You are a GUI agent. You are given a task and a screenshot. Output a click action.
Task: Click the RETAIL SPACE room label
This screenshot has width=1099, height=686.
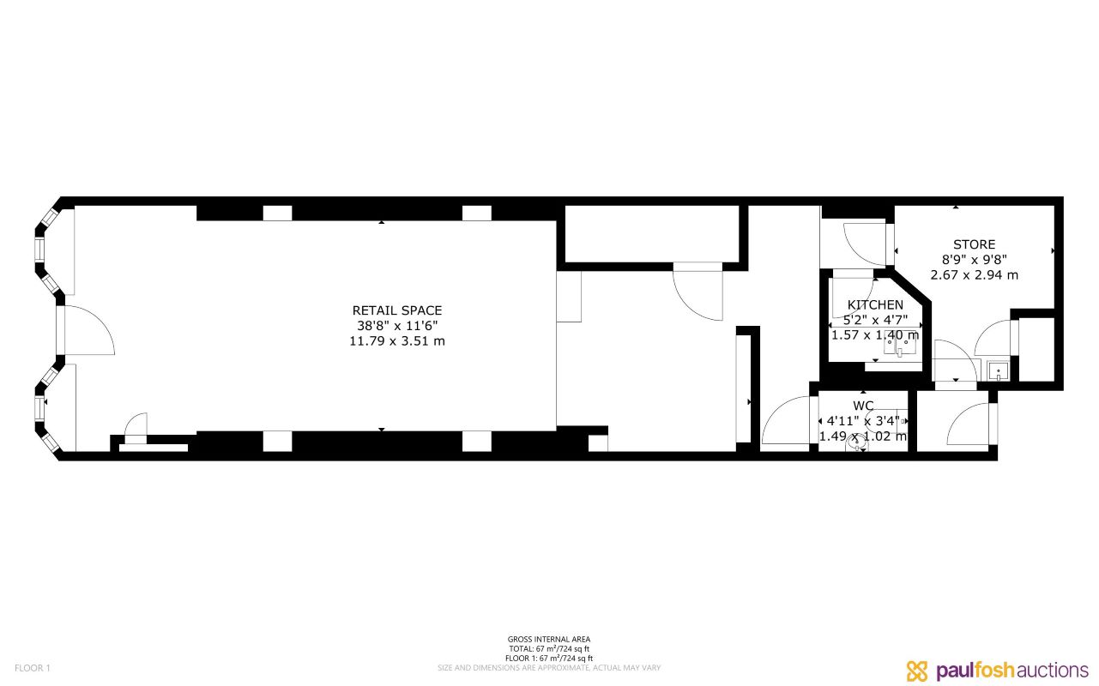(397, 310)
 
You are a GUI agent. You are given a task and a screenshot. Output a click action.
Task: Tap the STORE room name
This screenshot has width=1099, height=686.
(974, 245)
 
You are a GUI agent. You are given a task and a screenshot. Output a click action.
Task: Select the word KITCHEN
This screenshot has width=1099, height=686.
(875, 304)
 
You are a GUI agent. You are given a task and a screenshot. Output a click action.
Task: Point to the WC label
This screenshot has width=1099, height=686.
(863, 406)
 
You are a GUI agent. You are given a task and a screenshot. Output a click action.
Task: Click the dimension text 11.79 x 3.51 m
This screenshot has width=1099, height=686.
(397, 341)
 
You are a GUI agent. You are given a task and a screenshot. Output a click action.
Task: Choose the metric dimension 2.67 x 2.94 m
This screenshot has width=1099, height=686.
(974, 275)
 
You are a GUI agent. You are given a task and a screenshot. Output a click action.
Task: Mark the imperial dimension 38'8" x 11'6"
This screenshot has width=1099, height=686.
(397, 326)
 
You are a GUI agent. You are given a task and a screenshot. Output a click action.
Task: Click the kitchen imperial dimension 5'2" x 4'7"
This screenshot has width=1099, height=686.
(875, 320)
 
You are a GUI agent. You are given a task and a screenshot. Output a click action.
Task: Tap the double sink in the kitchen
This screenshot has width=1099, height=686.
(900, 346)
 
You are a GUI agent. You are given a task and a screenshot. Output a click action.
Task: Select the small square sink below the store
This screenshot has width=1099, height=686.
(997, 371)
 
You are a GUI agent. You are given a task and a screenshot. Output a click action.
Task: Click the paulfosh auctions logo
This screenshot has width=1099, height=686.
(997, 670)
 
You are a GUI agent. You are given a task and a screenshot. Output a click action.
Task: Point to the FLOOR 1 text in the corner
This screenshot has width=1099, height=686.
(33, 668)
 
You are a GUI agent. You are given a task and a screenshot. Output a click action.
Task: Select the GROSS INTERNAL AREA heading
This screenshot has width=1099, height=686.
(549, 640)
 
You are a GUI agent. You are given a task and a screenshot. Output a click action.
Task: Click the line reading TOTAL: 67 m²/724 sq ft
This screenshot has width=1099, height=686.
(549, 649)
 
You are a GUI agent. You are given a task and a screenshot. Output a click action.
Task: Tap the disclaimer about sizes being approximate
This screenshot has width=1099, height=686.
(549, 668)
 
